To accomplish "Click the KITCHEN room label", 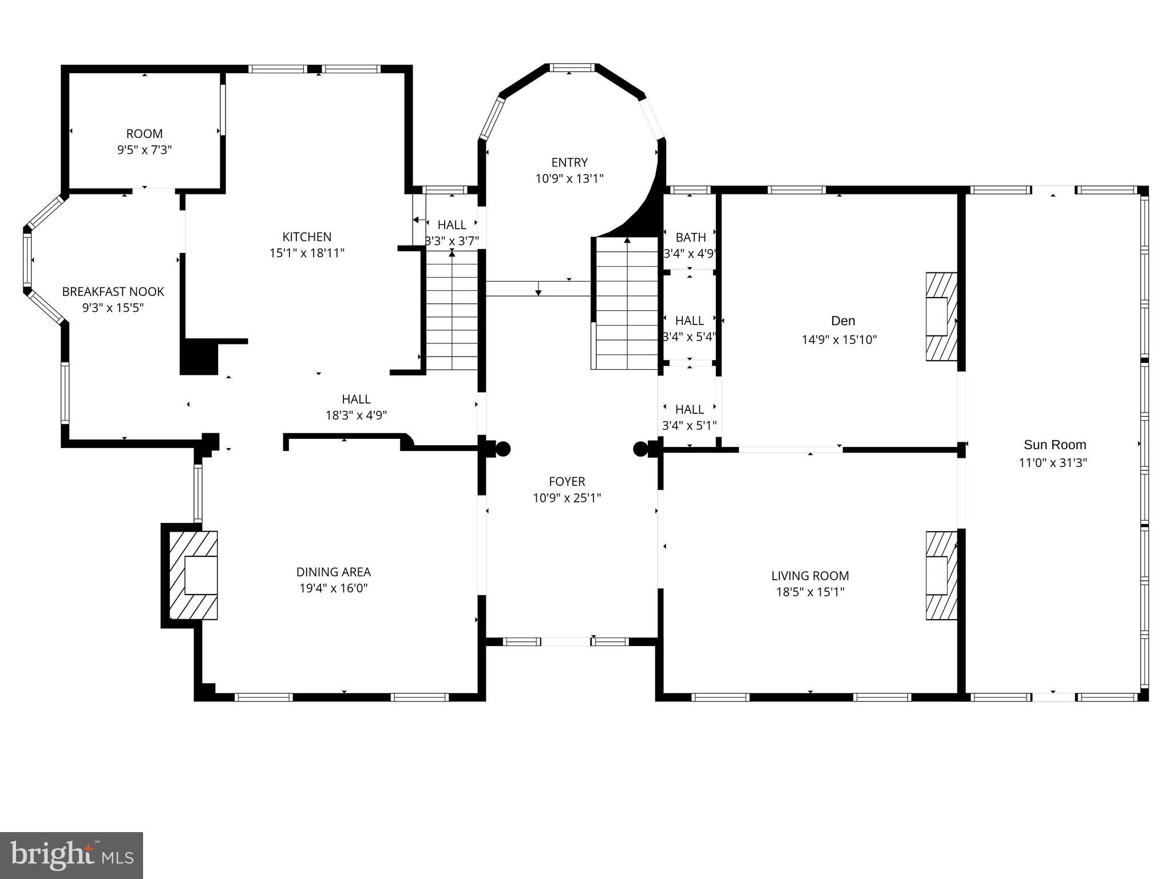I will point(307,237).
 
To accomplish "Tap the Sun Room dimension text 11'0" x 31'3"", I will point(1052,463).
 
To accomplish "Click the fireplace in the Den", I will point(941,316).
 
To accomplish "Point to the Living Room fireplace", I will point(941,576).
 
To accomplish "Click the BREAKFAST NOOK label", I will point(113,292).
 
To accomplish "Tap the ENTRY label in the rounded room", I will point(569,163).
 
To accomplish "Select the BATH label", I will point(691,237).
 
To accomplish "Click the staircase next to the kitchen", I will point(452,312).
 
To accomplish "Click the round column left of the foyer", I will point(502,449).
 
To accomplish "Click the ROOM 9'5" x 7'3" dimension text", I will point(144,150).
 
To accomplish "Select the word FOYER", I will point(567,482).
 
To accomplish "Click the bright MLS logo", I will point(72,855).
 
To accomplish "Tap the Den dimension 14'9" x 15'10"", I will point(839,340).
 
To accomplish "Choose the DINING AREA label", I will point(333,572).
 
